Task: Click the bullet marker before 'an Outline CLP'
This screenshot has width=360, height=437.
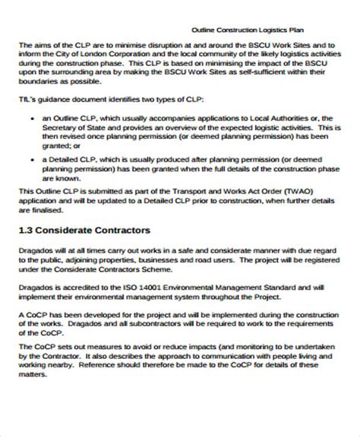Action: (x=29, y=118)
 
